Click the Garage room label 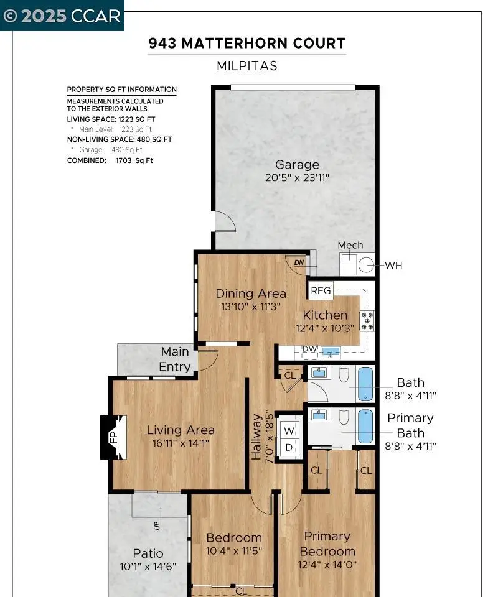pyautogui.click(x=297, y=164)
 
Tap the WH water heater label pyautogui.click(x=393, y=266)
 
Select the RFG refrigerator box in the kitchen pyautogui.click(x=321, y=290)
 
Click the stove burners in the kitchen pyautogui.click(x=367, y=321)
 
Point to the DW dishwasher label pyautogui.click(x=309, y=349)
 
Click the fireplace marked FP pyautogui.click(x=113, y=437)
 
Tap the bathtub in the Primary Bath pyautogui.click(x=365, y=426)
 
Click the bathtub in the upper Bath pyautogui.click(x=365, y=384)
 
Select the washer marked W pyautogui.click(x=289, y=430)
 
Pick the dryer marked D pyautogui.click(x=289, y=448)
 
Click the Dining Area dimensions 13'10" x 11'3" pyautogui.click(x=251, y=306)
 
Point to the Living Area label pyautogui.click(x=181, y=430)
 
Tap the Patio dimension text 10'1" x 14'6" pyautogui.click(x=148, y=567)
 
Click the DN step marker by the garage pyautogui.click(x=299, y=262)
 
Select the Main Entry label pyautogui.click(x=175, y=359)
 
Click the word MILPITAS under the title pyautogui.click(x=247, y=66)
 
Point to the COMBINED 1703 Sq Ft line pyautogui.click(x=110, y=160)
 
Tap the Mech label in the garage pyautogui.click(x=350, y=245)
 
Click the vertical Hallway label pyautogui.click(x=256, y=437)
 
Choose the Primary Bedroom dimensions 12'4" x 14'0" pyautogui.click(x=327, y=564)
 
